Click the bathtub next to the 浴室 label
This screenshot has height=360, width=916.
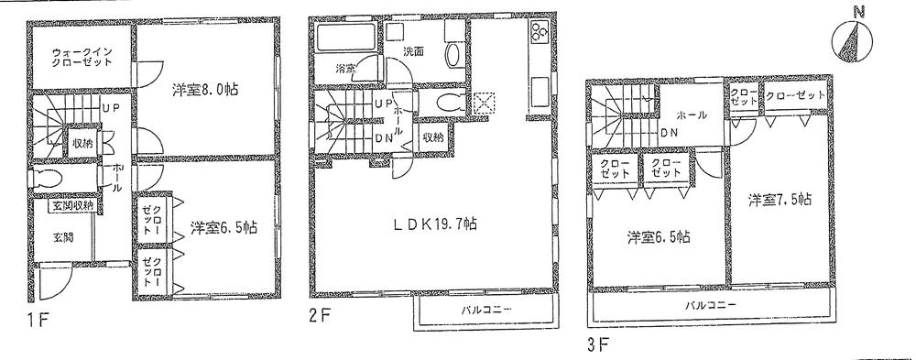(339, 40)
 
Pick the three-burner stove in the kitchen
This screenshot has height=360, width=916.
(539, 36)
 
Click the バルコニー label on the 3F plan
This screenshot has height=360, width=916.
(711, 304)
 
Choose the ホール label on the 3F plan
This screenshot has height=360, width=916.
(691, 116)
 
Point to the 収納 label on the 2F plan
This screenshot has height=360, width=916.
(433, 136)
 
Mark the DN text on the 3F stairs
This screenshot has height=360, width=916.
(670, 131)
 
